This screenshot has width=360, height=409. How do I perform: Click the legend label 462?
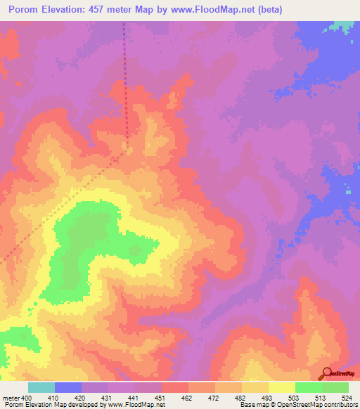(188, 398)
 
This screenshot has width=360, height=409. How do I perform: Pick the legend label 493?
(268, 398)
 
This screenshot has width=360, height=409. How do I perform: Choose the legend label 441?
(134, 398)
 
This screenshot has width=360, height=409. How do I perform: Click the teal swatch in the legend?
(41, 387)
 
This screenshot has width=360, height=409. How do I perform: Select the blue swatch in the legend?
(67, 387)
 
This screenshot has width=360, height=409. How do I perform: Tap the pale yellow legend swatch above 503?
(281, 387)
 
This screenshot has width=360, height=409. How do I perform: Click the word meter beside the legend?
(11, 398)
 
